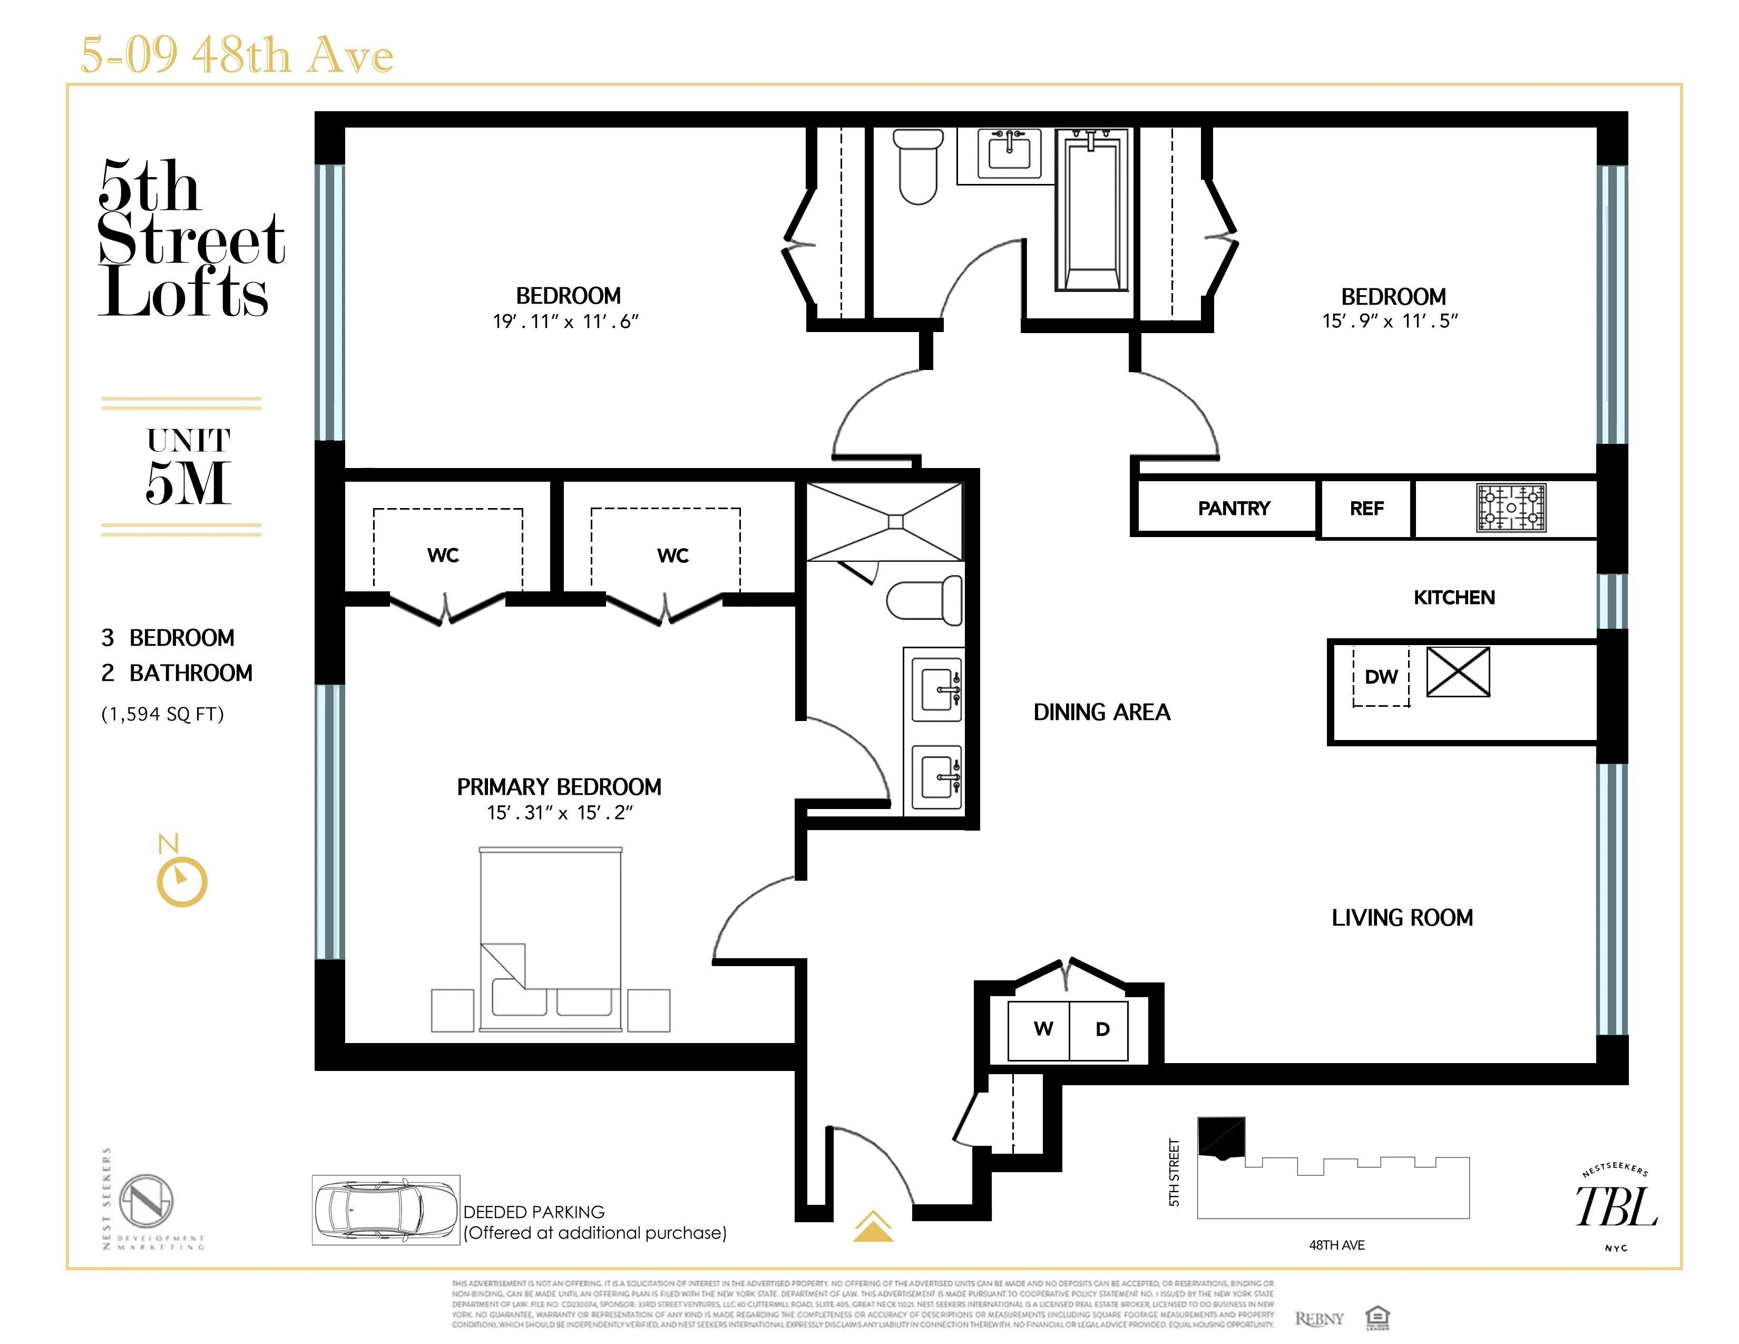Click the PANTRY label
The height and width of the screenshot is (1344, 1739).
[x=1234, y=508]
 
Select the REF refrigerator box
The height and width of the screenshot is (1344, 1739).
[x=1366, y=508]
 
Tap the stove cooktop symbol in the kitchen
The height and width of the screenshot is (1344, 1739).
[x=1510, y=507]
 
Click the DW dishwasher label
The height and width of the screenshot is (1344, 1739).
[x=1381, y=677]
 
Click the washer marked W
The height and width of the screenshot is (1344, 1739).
[x=1042, y=1029]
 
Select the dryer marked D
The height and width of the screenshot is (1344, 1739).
[x=1102, y=1029]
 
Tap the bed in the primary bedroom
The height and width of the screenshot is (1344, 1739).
[x=550, y=940]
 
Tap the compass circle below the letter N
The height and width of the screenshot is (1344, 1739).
[x=182, y=882]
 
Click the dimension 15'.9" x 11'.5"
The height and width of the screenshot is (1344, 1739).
[x=1390, y=321]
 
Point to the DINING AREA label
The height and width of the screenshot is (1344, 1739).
[x=1101, y=712]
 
